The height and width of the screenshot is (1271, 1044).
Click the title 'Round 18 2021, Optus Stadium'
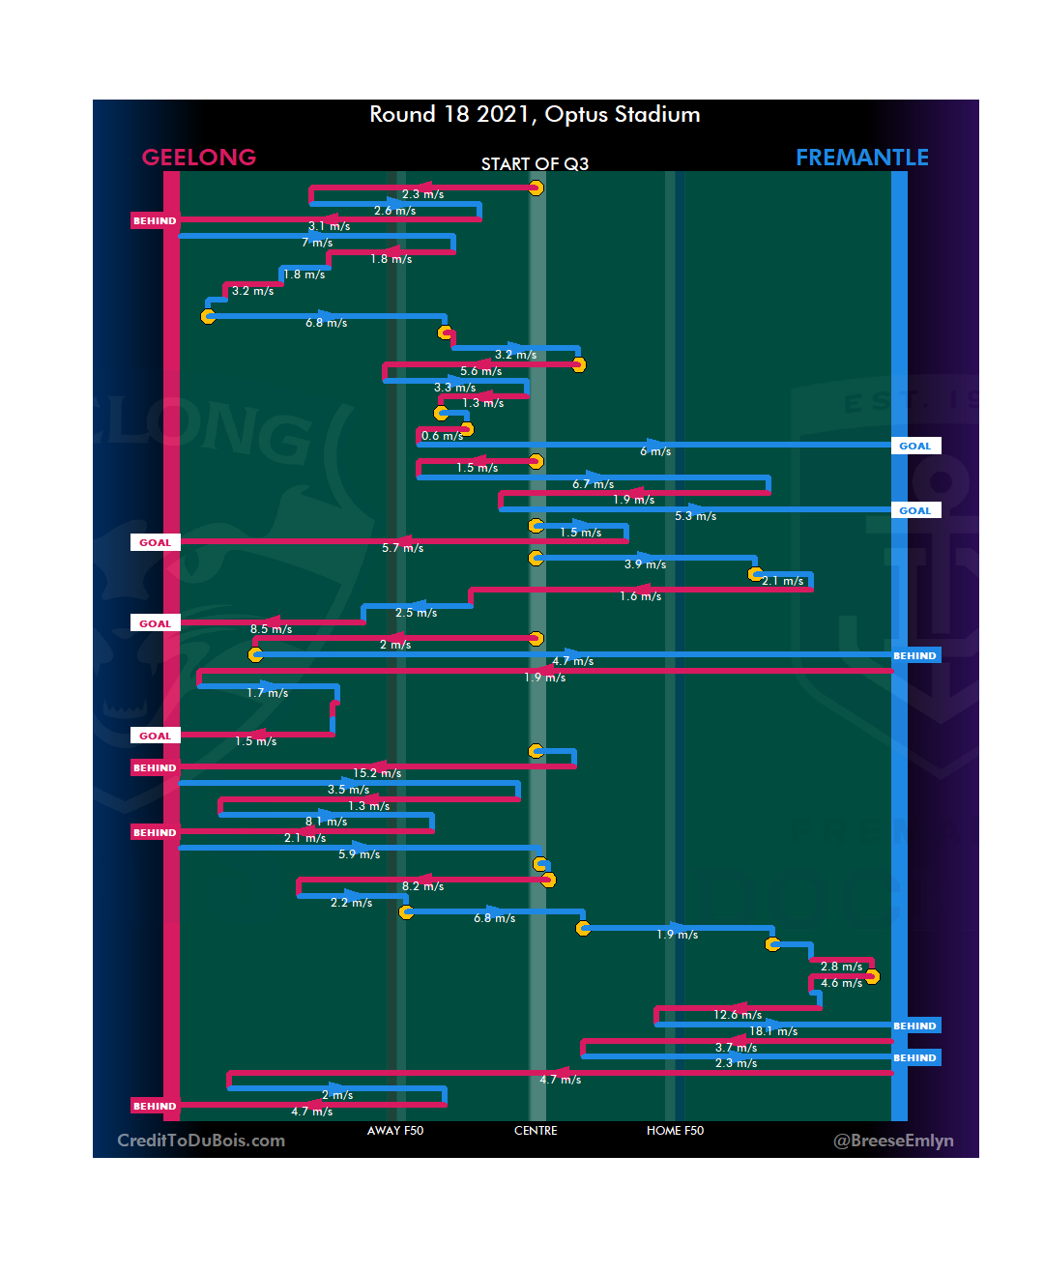535,114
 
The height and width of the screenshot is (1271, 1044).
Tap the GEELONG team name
199,158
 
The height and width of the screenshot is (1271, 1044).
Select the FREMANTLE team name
861,158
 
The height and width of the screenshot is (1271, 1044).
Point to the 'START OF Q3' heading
535,164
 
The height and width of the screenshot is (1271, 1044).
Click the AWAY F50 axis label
394,1131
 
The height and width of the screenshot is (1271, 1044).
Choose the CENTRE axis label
536,1131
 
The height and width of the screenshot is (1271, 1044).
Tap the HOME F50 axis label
675,1131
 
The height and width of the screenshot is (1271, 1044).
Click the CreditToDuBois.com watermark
201,1141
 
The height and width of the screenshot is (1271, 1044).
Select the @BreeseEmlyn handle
893,1141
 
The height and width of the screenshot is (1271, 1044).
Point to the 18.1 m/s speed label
773,1031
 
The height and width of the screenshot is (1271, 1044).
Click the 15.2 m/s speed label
377,773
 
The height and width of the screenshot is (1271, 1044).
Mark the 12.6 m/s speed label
738,1015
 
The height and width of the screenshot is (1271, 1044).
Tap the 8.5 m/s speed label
271,629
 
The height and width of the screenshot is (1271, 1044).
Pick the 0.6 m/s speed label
442,436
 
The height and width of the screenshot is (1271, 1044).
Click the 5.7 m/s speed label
402,548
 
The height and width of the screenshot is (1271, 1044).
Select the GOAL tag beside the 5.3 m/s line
914,510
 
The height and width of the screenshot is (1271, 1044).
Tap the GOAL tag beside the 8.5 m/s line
155,623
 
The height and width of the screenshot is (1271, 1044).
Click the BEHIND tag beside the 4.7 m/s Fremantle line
914,655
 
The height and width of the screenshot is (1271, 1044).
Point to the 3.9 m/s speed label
645,564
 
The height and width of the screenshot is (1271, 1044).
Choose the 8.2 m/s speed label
422,886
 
